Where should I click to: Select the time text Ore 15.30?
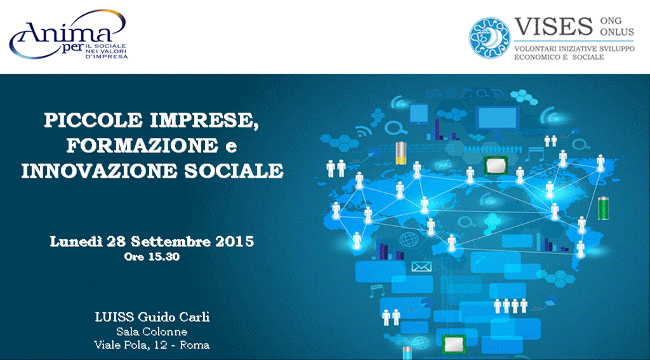(152, 257)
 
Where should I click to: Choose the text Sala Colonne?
(152, 332)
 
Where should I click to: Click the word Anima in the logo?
(62, 32)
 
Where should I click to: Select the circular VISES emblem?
(489, 37)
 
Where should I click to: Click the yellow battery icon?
(401, 152)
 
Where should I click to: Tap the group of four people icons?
(510, 305)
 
